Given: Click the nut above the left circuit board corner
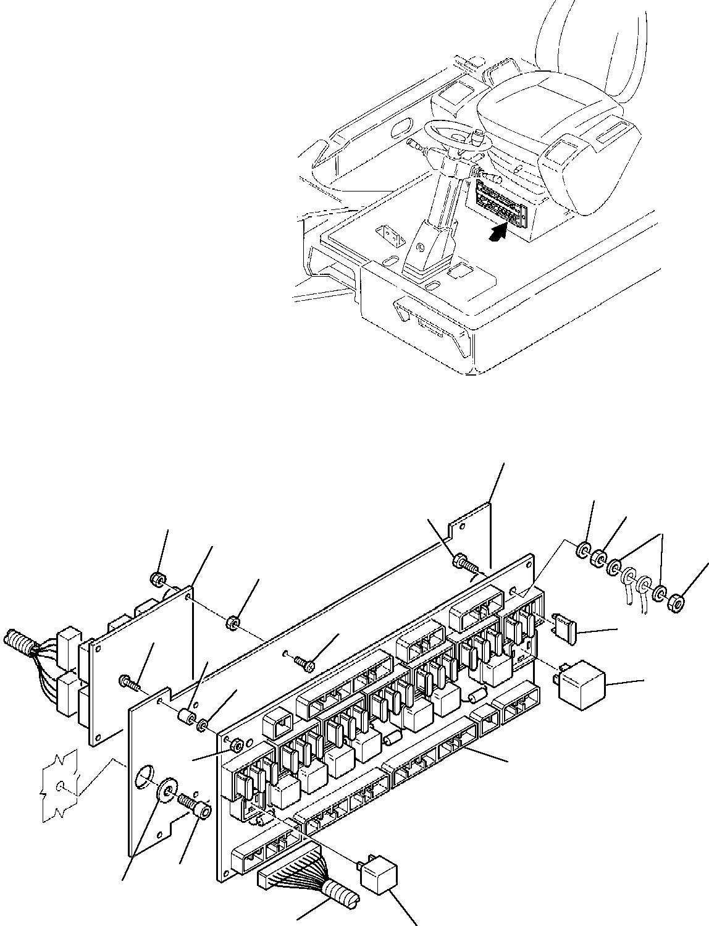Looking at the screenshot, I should tap(157, 579).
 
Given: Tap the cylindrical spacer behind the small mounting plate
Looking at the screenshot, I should tap(186, 718).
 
